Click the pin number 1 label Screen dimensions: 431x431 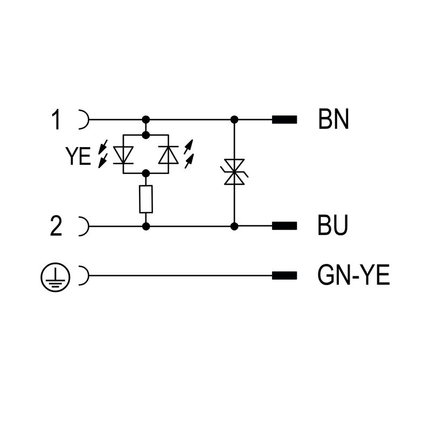56,120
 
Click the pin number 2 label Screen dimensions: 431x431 56,226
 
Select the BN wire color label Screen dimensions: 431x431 333,120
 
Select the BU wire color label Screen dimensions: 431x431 333,226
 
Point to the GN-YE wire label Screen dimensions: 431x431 353,276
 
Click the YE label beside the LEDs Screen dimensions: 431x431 79,156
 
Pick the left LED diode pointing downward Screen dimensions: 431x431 125,155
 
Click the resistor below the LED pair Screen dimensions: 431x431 145,199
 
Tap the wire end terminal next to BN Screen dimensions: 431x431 284,120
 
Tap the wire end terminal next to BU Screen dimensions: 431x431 284,226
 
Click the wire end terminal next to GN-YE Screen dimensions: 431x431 284,276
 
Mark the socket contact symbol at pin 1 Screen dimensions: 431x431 84,120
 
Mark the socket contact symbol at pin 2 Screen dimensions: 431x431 84,226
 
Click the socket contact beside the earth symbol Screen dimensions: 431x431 84,276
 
